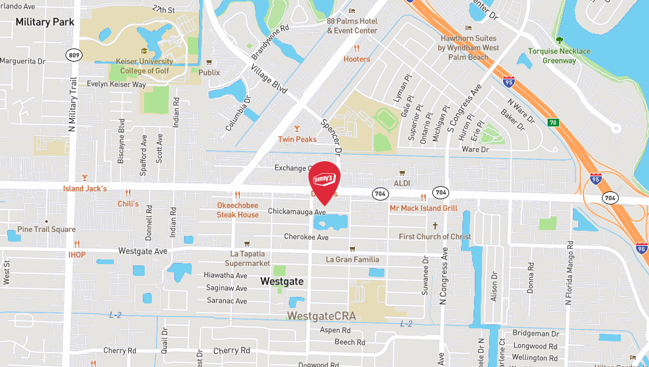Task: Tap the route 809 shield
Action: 74,56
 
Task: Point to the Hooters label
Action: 357,59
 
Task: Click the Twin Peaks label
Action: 297,140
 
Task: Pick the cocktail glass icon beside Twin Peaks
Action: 297,128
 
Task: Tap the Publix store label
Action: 210,73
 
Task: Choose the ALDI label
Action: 401,183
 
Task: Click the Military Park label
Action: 45,22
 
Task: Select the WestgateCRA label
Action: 322,316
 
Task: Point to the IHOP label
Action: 77,255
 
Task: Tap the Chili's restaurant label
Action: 128,204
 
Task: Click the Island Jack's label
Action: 84,189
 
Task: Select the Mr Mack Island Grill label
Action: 423,208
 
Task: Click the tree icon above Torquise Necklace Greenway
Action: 559,40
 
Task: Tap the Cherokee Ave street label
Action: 306,237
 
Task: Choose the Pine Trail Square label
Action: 46,229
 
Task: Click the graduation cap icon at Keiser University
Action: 144,52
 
